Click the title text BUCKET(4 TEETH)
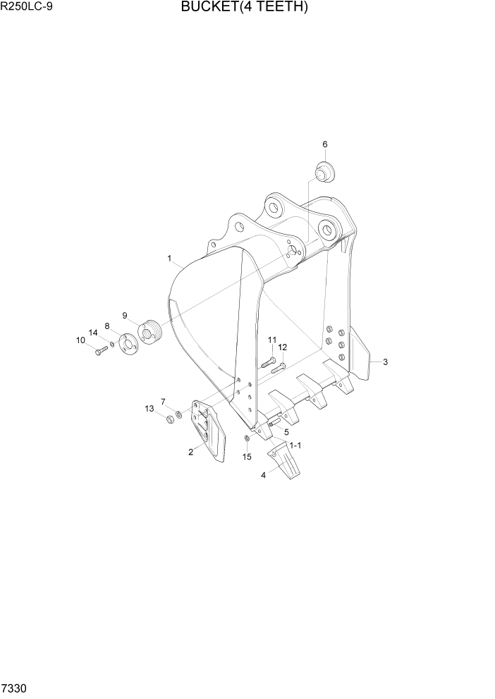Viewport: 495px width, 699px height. pyautogui.click(x=244, y=8)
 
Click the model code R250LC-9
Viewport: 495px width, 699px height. pyautogui.click(x=27, y=8)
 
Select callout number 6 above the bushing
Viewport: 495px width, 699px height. pyautogui.click(x=325, y=144)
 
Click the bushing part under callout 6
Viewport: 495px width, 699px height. pyautogui.click(x=325, y=171)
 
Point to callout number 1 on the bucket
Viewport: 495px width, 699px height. pyautogui.click(x=170, y=259)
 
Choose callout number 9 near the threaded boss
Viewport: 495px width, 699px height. pyautogui.click(x=125, y=315)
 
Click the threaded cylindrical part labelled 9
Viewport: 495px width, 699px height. pyautogui.click(x=150, y=330)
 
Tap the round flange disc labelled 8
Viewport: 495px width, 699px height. pyautogui.click(x=129, y=344)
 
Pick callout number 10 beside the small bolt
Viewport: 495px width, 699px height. pyautogui.click(x=80, y=340)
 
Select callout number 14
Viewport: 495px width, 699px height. pyautogui.click(x=92, y=333)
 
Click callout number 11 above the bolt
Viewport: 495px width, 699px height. pyautogui.click(x=271, y=340)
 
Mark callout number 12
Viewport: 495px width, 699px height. pyautogui.click(x=282, y=347)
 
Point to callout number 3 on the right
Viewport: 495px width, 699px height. pyautogui.click(x=385, y=362)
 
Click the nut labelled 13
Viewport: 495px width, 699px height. pyautogui.click(x=169, y=420)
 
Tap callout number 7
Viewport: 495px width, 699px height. pyautogui.click(x=163, y=402)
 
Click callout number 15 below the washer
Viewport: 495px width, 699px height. pyautogui.click(x=247, y=457)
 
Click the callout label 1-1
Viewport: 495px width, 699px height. pyautogui.click(x=295, y=445)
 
